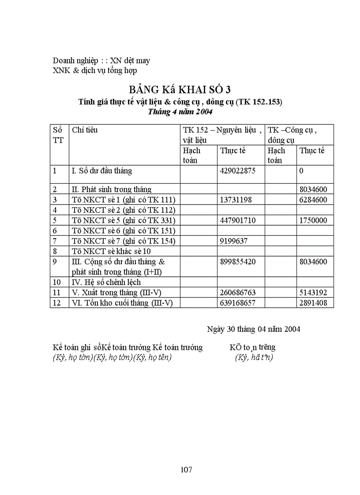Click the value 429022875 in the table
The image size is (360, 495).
click(x=237, y=171)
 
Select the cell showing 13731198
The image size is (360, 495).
click(x=236, y=200)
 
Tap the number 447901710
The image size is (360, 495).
click(x=237, y=220)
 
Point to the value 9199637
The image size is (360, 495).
click(x=234, y=240)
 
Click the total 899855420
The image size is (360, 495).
click(x=237, y=261)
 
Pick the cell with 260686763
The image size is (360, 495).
click(x=237, y=292)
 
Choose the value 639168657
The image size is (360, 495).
click(x=237, y=303)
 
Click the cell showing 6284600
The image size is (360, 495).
click(x=313, y=200)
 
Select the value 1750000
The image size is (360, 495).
click(x=313, y=220)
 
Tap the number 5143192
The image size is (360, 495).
click(x=313, y=292)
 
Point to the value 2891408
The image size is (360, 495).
click(x=313, y=303)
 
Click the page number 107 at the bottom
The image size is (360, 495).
click(x=187, y=469)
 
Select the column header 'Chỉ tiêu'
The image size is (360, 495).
click(x=85, y=130)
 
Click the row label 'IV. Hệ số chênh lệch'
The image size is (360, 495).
click(x=106, y=282)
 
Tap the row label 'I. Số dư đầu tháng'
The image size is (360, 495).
click(x=102, y=171)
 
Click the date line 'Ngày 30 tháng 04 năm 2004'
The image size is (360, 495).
click(x=254, y=329)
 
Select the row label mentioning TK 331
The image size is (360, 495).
click(x=124, y=220)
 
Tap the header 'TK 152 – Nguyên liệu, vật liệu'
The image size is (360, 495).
click(x=222, y=135)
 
